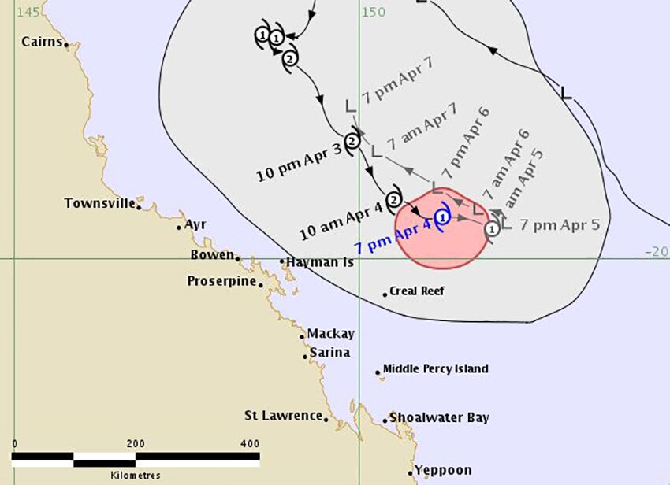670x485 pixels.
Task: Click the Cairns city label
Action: pyautogui.click(x=42, y=42)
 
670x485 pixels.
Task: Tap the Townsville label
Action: pyautogui.click(x=100, y=203)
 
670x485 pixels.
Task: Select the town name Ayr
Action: pyautogui.click(x=195, y=224)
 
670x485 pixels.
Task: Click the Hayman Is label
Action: pyautogui.click(x=320, y=261)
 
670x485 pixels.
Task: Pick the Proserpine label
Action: pyautogui.click(x=221, y=281)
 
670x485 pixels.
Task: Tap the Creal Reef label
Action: pyautogui.click(x=417, y=291)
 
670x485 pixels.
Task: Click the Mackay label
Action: pyautogui.click(x=330, y=333)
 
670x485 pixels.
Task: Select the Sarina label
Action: pyautogui.click(x=329, y=352)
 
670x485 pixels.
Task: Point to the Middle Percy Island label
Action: pyautogui.click(x=435, y=368)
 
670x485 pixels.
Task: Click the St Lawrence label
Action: pyautogui.click(x=283, y=415)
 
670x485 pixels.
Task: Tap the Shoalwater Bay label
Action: pyautogui.click(x=439, y=418)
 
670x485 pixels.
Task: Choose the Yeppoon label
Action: pyautogui.click(x=443, y=470)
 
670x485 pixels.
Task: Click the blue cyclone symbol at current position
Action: pyautogui.click(x=442, y=216)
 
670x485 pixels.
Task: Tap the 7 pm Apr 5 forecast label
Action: pyautogui.click(x=560, y=224)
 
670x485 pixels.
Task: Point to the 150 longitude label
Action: pyautogui.click(x=374, y=12)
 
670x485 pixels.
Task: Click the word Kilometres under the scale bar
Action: pyautogui.click(x=135, y=476)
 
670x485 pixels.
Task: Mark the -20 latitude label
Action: pyautogui.click(x=656, y=251)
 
